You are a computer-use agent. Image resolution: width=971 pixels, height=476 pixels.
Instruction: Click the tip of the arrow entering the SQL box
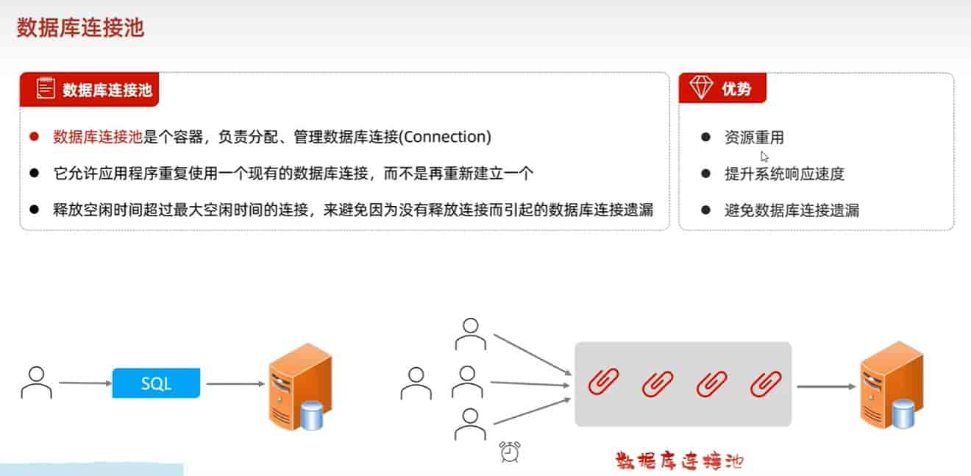pos(112,383)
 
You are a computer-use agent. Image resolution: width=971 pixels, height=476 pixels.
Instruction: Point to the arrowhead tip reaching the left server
pos(264,383)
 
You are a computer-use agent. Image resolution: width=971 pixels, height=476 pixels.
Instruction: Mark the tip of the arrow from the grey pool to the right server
pos(856,386)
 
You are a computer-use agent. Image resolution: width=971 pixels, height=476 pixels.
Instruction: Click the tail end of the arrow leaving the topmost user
pos(494,335)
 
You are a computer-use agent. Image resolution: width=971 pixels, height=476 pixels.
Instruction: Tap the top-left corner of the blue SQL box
pos(113,369)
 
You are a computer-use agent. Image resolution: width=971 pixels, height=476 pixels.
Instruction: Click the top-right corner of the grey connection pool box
pos(792,343)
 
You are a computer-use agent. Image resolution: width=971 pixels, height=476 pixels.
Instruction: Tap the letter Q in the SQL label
pos(156,383)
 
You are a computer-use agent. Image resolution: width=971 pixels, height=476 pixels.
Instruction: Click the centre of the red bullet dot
pos(35,137)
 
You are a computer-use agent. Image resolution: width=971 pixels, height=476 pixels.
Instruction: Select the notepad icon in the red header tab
pos(46,88)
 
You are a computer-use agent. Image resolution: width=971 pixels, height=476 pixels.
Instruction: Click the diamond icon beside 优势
pos(701,87)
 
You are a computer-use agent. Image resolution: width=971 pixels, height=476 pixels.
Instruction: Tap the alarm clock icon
pos(510,452)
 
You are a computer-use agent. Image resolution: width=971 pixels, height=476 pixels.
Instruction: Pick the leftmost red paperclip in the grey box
pos(603,382)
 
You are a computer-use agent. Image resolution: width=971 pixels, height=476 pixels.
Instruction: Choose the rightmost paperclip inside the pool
pos(766,383)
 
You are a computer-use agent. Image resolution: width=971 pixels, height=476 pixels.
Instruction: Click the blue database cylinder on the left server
pos(312,416)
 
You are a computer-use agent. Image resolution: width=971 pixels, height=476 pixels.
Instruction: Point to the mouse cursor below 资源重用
pos(764,157)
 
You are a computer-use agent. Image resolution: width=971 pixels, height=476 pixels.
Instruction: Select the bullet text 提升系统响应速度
pos(785,174)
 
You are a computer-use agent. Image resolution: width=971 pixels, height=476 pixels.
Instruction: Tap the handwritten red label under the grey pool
pos(679,461)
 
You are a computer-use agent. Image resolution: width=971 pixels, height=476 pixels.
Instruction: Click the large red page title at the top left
pos(80,28)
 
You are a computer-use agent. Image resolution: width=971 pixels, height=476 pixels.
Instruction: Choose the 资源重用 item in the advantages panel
pos(754,138)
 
